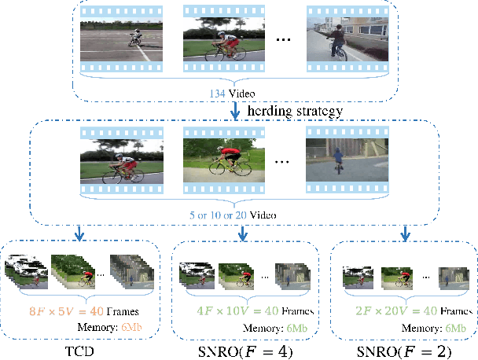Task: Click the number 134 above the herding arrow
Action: coord(215,92)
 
